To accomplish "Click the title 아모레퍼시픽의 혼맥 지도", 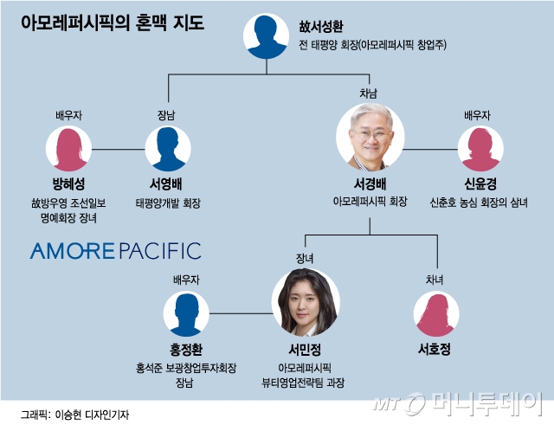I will click(113, 22).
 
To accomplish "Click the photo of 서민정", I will click(306, 303).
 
